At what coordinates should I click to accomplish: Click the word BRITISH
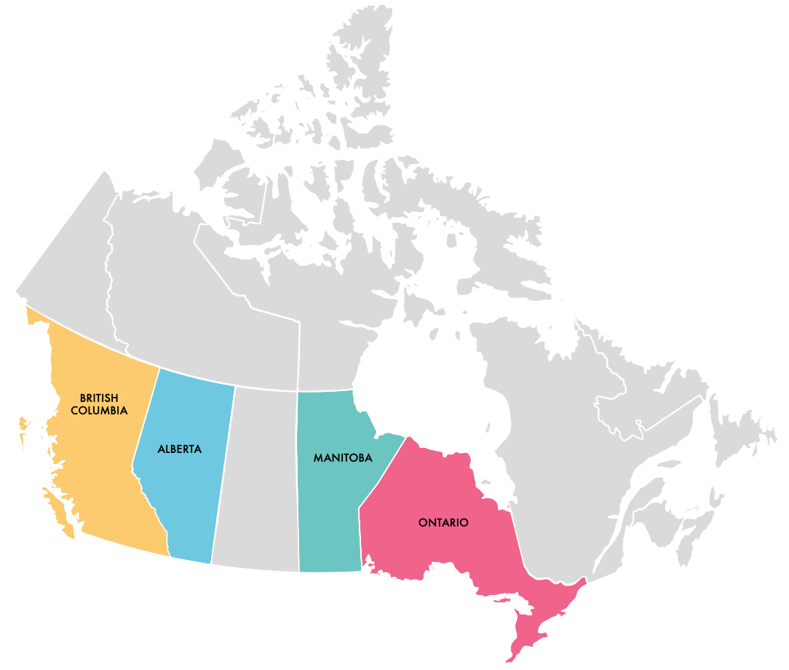pos(100,398)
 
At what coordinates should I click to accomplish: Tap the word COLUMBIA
pos(104,411)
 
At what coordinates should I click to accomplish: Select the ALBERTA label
pos(179,449)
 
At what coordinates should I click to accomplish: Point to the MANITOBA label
pos(343,458)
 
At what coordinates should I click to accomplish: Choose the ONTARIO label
pos(443,523)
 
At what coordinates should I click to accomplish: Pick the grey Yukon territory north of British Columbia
pos(69,269)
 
